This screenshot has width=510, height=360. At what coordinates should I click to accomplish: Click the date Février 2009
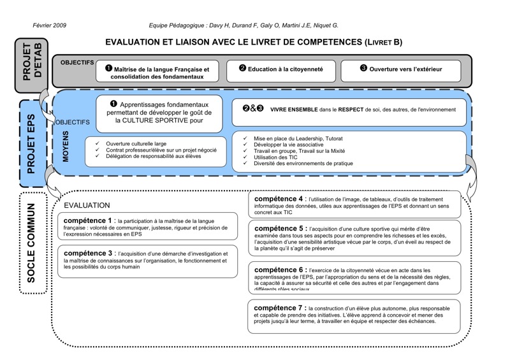point(49,25)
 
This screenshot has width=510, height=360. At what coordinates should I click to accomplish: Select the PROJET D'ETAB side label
point(31,65)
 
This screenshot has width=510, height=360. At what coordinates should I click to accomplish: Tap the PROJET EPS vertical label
point(31,143)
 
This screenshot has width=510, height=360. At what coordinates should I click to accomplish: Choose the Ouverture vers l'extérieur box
point(400,69)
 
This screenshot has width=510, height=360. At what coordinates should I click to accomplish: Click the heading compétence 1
point(88,220)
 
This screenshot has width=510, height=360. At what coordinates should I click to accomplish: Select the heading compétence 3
point(88,253)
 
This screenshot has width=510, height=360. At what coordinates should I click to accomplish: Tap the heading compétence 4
point(279,199)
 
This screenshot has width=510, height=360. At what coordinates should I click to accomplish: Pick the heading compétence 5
point(279,228)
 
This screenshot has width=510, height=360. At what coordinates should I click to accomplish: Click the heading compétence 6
point(279,270)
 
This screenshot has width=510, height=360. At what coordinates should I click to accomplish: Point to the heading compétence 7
point(279,308)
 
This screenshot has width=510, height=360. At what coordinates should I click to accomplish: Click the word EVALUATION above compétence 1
point(87,205)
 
